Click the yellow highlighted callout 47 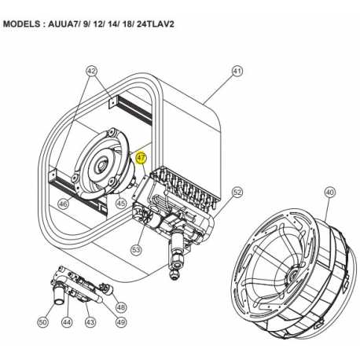[x=141, y=157]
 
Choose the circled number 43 [x=90, y=322]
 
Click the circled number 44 [x=67, y=322]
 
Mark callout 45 [x=120, y=203]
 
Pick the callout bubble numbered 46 [x=64, y=204]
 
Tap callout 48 [x=120, y=307]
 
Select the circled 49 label [x=120, y=322]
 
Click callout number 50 [x=42, y=322]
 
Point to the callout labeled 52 [x=237, y=191]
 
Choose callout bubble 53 [x=136, y=250]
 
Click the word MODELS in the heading [x=28, y=24]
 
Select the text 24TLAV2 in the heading [x=154, y=24]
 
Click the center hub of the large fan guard [x=292, y=276]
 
